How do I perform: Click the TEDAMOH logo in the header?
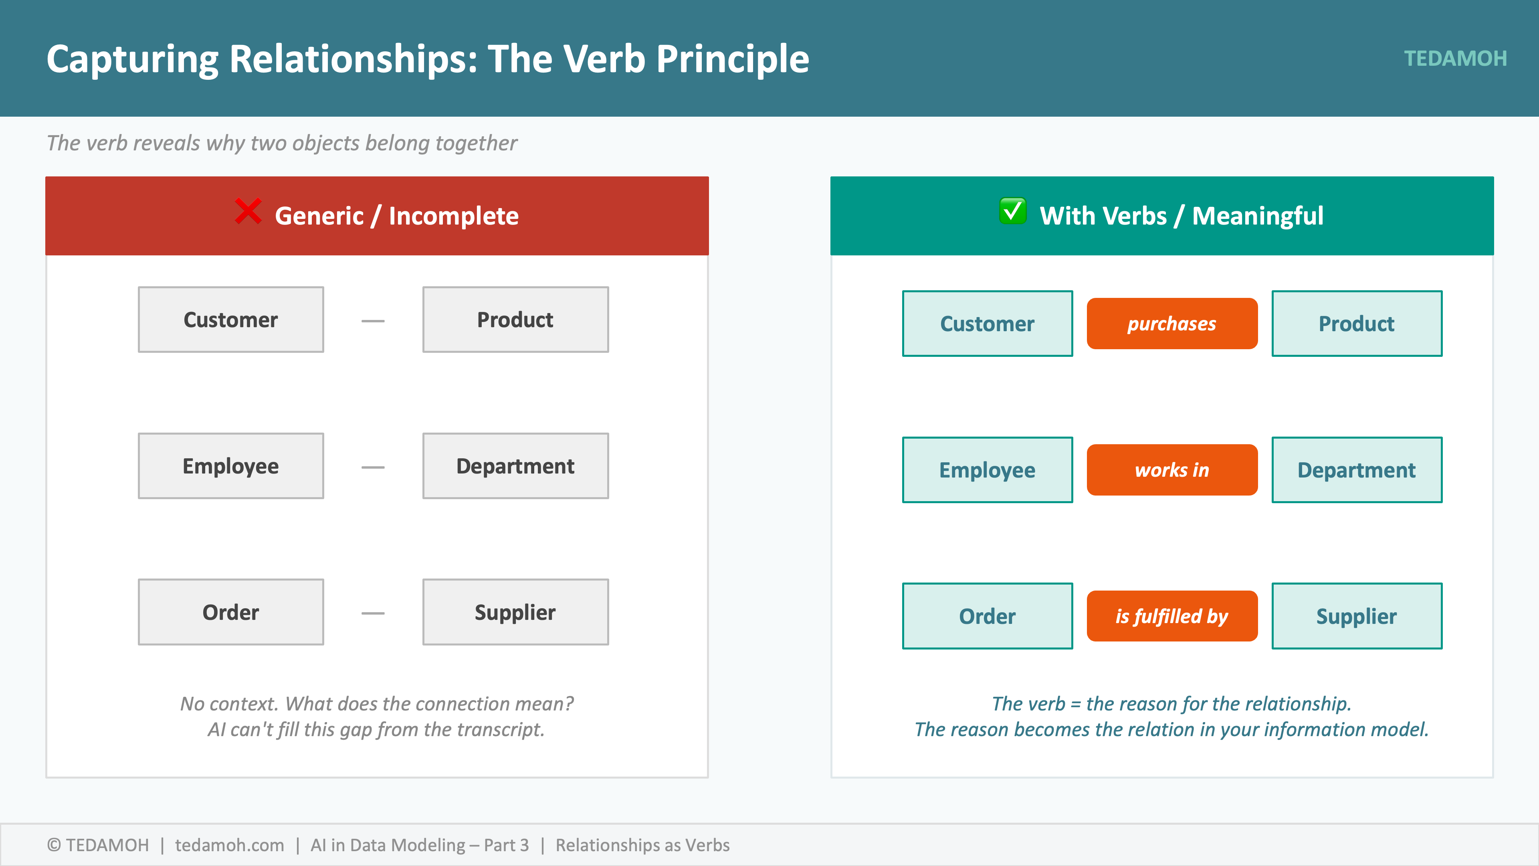click(x=1455, y=59)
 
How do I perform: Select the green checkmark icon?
click(x=1013, y=211)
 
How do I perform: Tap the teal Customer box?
click(x=988, y=323)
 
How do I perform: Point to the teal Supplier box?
click(x=1357, y=616)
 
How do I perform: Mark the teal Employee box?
click(x=988, y=470)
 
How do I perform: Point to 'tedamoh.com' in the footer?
click(x=229, y=845)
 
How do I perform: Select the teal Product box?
click(x=1357, y=323)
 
